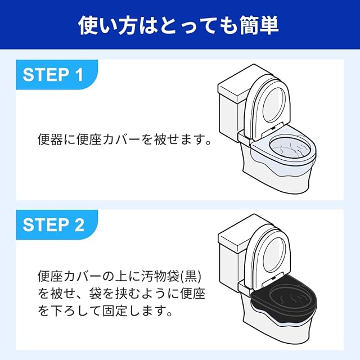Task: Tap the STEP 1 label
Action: point(53,75)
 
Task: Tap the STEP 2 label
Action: point(53,224)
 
